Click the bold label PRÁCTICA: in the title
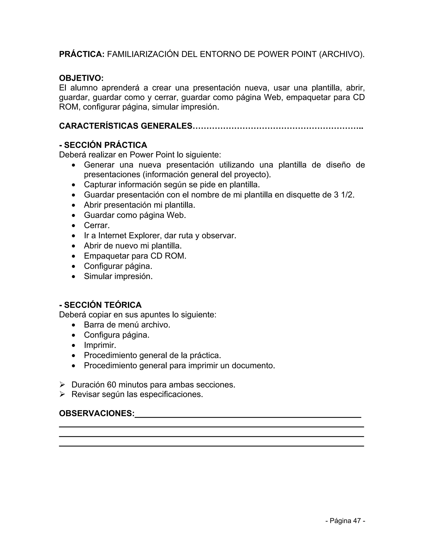point(82,54)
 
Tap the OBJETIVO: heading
point(81,78)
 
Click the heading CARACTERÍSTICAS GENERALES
point(126,126)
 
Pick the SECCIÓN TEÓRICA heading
point(100,305)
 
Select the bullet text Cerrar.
point(97,225)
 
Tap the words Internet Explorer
point(130,236)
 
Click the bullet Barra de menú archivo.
point(127,325)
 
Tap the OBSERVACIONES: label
point(97,413)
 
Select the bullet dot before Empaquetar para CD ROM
point(73,256)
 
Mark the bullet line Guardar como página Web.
point(135,215)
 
